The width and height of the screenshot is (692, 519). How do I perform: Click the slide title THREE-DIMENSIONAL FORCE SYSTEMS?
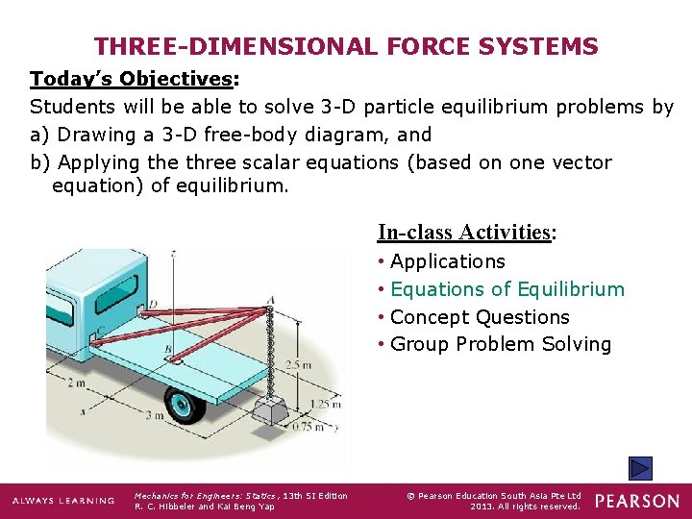point(346,46)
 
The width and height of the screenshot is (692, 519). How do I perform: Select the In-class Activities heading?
point(466,232)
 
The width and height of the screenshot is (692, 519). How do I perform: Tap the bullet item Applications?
point(447,261)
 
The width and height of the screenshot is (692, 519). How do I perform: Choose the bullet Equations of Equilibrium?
point(507,289)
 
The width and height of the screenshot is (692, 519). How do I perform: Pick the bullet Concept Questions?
point(479,317)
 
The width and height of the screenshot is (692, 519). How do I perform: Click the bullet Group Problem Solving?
point(500,344)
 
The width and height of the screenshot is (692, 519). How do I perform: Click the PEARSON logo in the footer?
point(636,501)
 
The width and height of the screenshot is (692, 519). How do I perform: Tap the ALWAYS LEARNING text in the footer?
point(62,501)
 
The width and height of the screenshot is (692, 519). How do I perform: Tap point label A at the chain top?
point(271,299)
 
